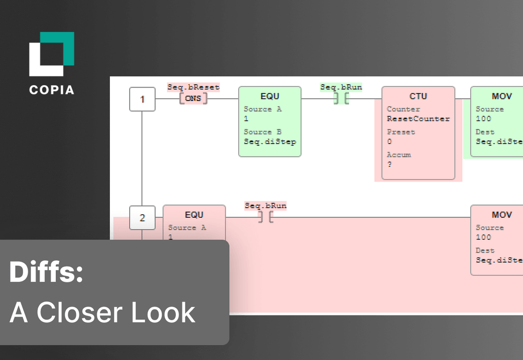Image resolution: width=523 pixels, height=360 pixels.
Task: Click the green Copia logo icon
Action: point(52,54)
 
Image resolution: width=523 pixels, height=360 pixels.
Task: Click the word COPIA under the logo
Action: point(51,90)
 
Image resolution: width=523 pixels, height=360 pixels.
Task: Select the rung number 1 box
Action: point(142,99)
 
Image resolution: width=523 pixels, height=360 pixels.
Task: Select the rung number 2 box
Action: point(142,218)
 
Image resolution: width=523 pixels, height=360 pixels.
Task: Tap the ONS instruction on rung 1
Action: point(193,99)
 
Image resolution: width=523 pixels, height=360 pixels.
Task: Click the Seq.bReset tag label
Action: point(193,88)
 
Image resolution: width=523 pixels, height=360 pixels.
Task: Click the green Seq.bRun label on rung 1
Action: point(341,88)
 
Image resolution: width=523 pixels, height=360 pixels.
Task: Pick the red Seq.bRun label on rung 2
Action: point(265,206)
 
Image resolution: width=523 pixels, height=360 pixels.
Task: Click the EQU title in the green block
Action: point(270,96)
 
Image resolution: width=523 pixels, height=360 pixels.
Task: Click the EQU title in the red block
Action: point(194,215)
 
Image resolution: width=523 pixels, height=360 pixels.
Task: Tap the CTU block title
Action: point(418,96)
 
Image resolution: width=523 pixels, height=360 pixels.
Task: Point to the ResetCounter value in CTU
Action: point(418,119)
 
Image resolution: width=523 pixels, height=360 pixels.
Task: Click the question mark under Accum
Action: point(389,165)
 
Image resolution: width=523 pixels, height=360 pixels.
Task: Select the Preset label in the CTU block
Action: point(401,132)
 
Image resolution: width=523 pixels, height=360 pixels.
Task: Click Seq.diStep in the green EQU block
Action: point(270,142)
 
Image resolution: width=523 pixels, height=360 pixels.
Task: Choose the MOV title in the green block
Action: point(502,96)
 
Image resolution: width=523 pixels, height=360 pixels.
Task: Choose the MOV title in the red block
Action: point(502,215)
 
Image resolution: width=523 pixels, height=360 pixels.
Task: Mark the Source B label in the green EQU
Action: point(262,132)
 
